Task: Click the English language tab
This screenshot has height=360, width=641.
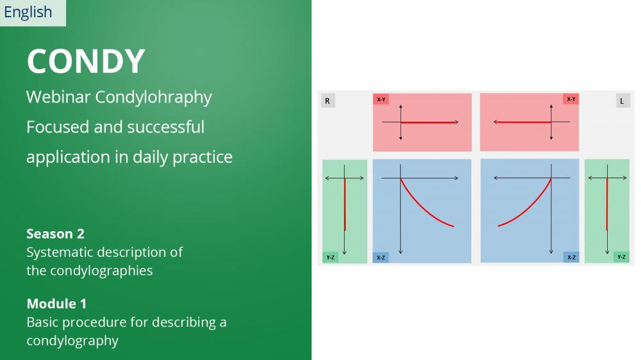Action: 33,13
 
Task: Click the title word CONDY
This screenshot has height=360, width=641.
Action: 86,61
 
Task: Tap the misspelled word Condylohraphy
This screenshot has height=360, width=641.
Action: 153,97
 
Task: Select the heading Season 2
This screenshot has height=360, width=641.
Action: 55,234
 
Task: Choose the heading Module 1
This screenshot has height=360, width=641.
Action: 56,304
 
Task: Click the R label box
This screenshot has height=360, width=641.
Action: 328,101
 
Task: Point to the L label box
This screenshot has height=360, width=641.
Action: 622,101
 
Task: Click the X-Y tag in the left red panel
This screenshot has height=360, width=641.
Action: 381,99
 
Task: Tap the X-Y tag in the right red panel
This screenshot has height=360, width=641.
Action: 571,99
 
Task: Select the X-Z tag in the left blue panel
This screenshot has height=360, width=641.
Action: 381,258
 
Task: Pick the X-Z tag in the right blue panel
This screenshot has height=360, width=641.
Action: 571,258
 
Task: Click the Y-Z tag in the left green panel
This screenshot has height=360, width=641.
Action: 330,258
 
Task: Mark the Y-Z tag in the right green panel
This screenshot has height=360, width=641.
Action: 621,257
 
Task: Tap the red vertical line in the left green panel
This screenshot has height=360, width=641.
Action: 345,204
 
